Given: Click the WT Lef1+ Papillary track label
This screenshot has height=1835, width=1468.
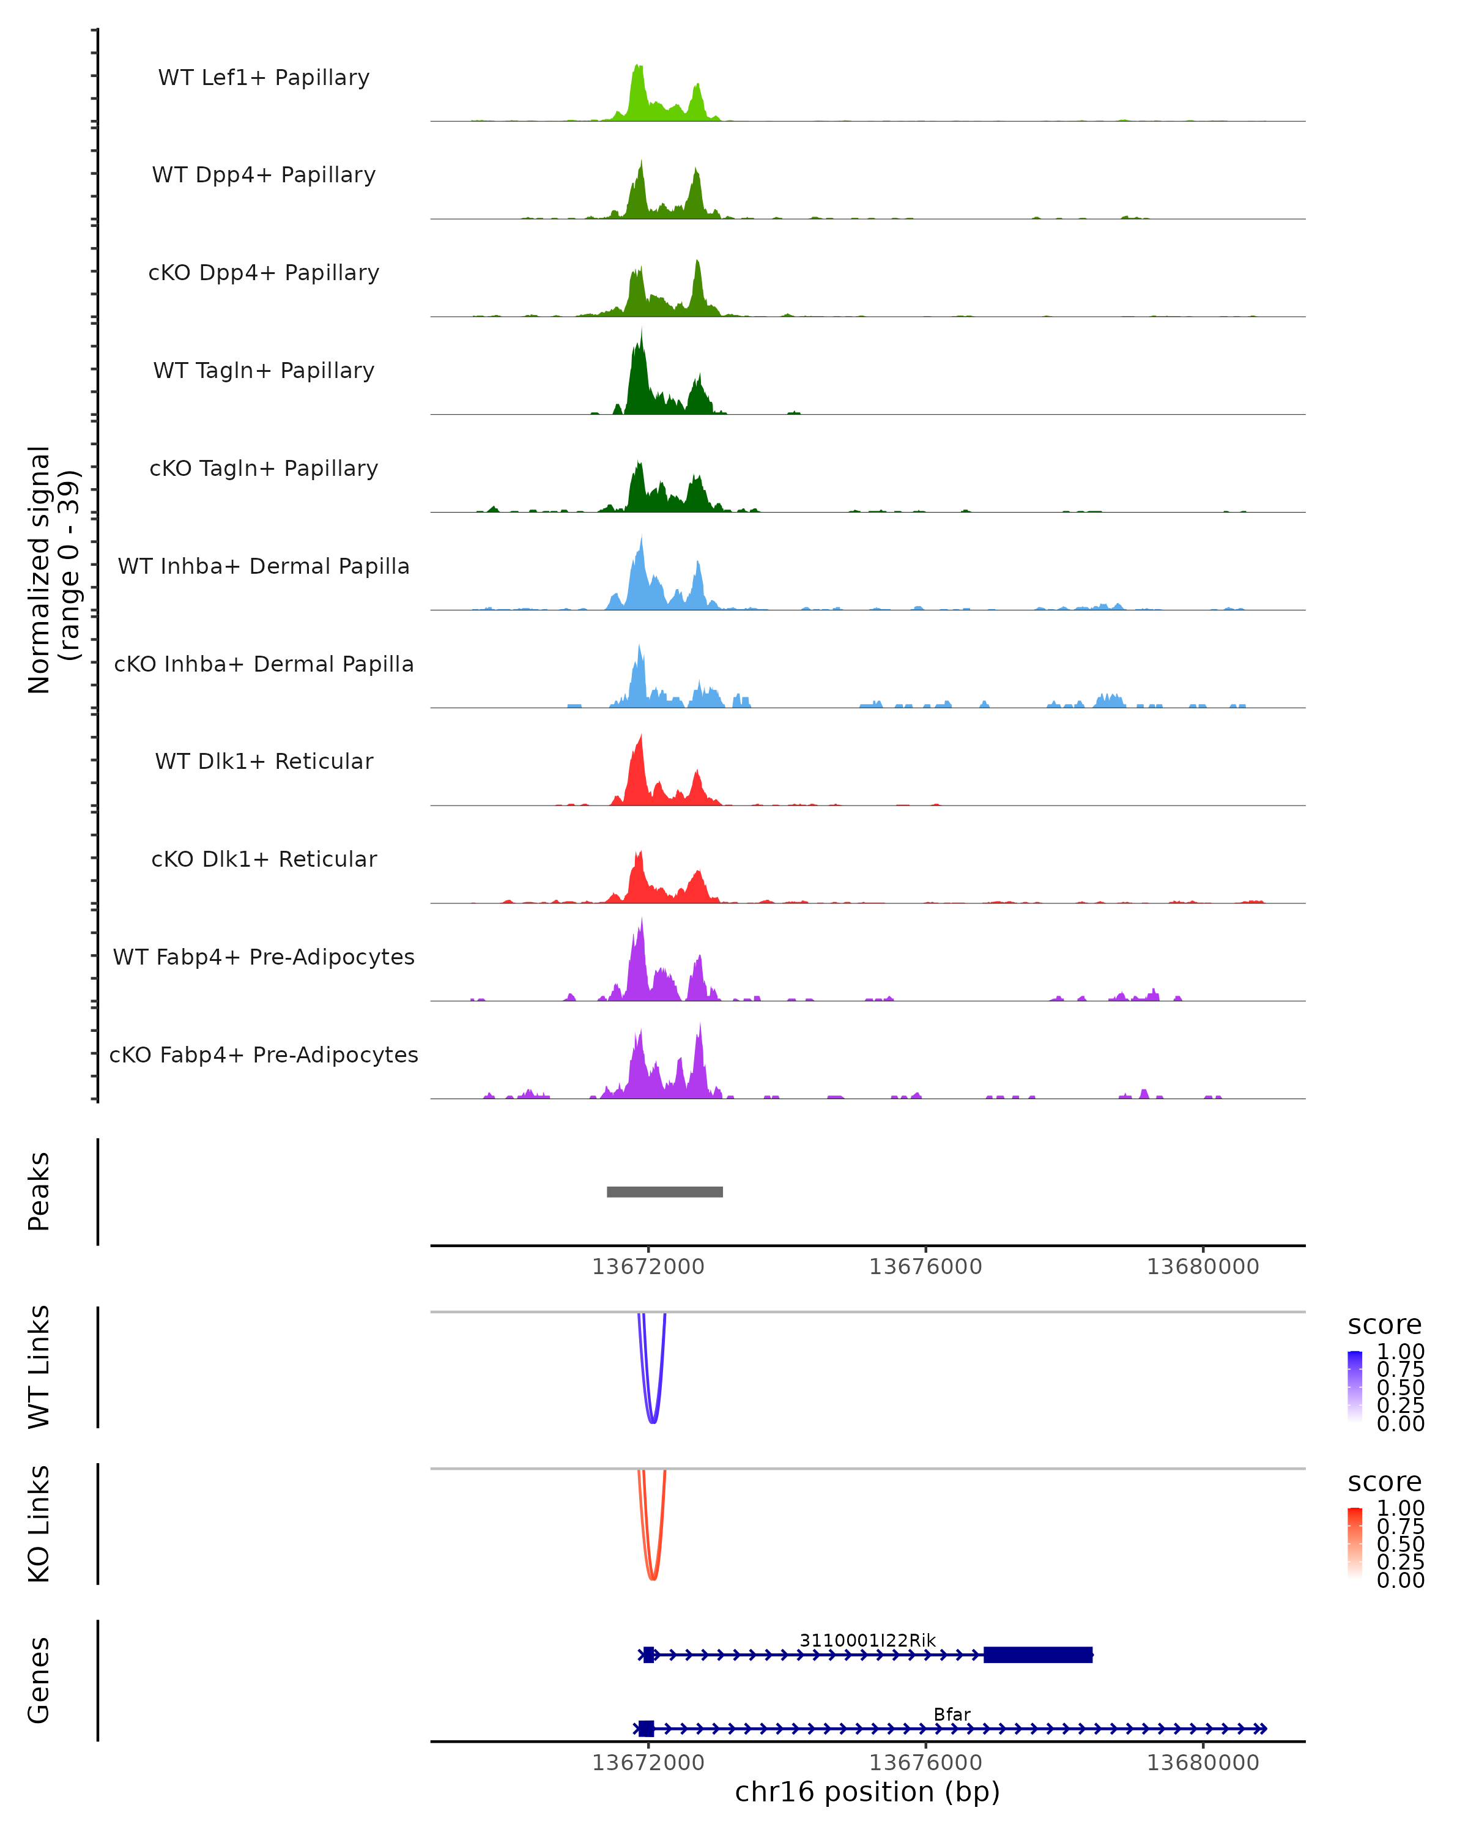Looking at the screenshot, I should tap(264, 78).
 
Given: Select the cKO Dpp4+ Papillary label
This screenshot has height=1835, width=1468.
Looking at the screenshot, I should tap(264, 272).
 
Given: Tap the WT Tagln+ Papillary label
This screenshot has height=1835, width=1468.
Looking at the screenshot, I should tap(264, 370).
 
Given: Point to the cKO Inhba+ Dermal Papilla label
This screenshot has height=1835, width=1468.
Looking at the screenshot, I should tap(264, 664).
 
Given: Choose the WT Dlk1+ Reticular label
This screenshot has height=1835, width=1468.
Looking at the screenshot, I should tap(264, 761).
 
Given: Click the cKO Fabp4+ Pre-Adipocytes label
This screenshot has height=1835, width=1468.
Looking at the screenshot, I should tap(264, 1055).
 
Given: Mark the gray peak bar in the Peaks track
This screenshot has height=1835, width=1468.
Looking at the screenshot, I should tap(665, 1192).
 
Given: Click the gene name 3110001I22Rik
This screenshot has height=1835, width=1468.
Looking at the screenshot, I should tap(867, 1640).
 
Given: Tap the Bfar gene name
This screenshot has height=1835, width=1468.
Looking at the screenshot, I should tap(951, 1714).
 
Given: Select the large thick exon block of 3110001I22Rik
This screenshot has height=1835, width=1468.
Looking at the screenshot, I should tap(1037, 1655).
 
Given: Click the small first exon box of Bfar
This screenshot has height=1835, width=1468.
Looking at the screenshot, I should tap(646, 1729).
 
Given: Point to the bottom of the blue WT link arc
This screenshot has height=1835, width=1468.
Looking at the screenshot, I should tap(653, 1422).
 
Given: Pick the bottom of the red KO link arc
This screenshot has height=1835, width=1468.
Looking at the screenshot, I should tap(653, 1579).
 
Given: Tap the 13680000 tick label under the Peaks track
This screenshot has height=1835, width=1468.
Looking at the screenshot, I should tap(1203, 1267).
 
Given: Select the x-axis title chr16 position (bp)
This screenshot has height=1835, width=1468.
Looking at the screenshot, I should tap(867, 1792).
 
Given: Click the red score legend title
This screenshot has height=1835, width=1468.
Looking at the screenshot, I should tap(1385, 1482).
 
